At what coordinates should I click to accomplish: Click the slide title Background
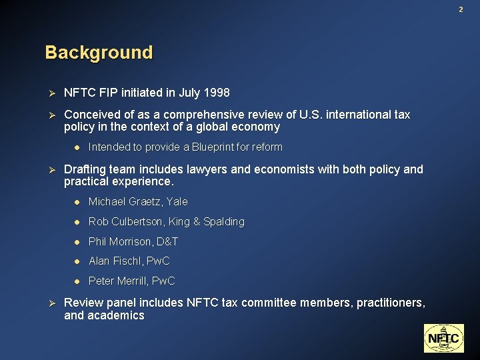(99, 52)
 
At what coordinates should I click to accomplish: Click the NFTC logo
(443, 338)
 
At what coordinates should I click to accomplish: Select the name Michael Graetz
(125, 201)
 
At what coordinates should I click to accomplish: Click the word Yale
(177, 201)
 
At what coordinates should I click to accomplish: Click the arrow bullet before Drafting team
(49, 169)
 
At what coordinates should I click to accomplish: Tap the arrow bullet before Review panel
(49, 303)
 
